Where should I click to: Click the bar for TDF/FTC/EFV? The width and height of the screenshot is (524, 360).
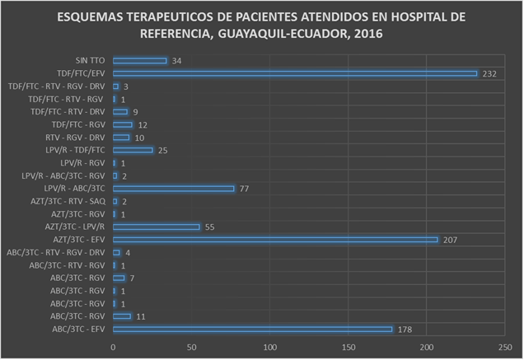pyautogui.click(x=294, y=73)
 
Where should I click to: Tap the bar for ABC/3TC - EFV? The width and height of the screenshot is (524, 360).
pyautogui.click(x=253, y=330)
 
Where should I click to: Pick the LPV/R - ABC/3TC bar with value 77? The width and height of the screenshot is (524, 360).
pyautogui.click(x=173, y=189)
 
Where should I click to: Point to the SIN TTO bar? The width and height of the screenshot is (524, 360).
pyautogui.click(x=139, y=61)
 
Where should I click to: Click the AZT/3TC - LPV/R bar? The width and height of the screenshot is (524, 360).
pyautogui.click(x=156, y=227)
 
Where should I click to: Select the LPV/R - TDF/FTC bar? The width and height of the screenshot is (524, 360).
pyautogui.click(x=133, y=150)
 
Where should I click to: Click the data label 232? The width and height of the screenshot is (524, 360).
pyautogui.click(x=490, y=74)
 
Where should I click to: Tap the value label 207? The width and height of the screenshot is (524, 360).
pyautogui.click(x=450, y=240)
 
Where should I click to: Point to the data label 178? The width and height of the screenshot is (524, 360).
pyautogui.click(x=405, y=330)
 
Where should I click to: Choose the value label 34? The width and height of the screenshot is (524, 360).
pyautogui.click(x=177, y=61)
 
